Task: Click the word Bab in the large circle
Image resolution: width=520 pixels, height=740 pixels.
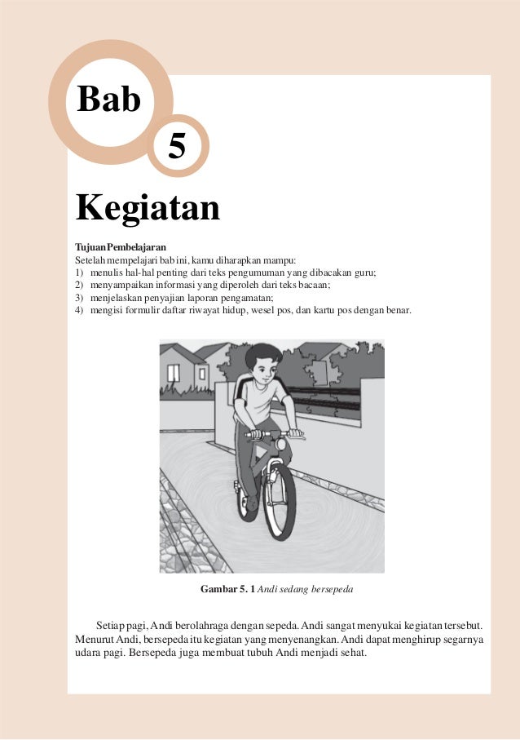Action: click(108, 100)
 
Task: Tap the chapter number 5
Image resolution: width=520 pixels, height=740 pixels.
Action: click(176, 147)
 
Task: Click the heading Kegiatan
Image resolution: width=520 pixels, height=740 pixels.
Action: click(148, 207)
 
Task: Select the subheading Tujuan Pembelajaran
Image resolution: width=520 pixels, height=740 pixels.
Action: click(120, 246)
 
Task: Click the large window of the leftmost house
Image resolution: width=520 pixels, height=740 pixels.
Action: click(174, 373)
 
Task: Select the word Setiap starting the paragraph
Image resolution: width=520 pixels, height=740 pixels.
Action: click(111, 624)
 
